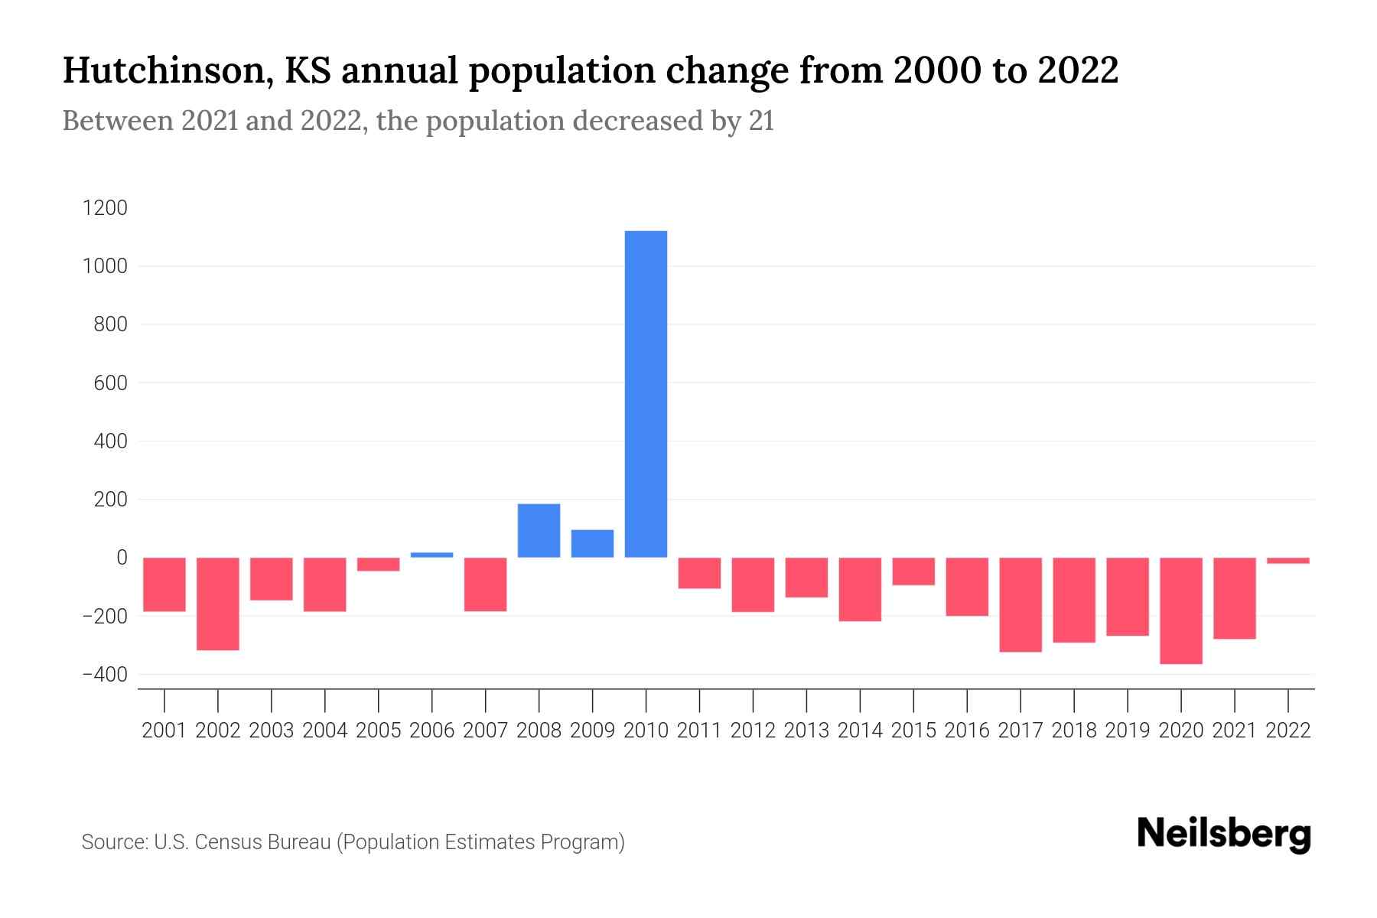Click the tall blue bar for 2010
[x=646, y=394]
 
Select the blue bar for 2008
[x=539, y=530]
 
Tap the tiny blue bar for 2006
[x=431, y=555]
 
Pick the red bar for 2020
[x=1180, y=610]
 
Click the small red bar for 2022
[x=1287, y=561]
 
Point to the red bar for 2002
[x=218, y=604]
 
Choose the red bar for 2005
[x=378, y=565]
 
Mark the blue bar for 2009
[x=592, y=543]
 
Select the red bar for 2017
[x=1020, y=604]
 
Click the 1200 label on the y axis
[x=105, y=208]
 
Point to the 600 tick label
[x=111, y=383]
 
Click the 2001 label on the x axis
[x=164, y=731]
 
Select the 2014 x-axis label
[x=860, y=731]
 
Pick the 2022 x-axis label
[x=1287, y=731]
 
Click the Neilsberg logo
[x=1224, y=835]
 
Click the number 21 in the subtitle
[x=761, y=121]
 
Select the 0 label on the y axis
[x=121, y=558]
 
